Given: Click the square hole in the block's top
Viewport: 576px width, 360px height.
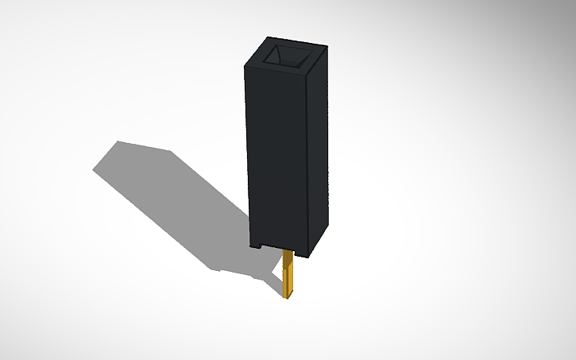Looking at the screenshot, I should pos(288,56).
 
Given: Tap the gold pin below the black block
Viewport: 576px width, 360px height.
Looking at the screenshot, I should pos(290,274).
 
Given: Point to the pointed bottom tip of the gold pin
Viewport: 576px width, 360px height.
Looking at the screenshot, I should pos(288,298).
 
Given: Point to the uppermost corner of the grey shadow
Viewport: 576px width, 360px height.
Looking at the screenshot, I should pos(118,141).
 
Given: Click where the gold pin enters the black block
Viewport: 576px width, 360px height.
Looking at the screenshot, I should pos(290,252).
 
